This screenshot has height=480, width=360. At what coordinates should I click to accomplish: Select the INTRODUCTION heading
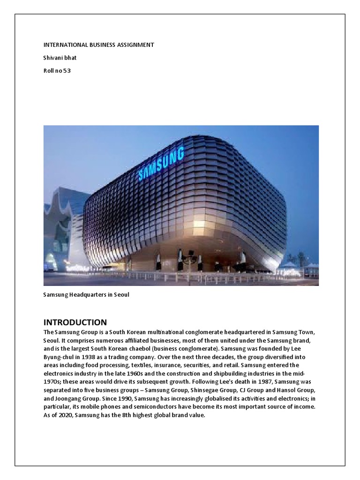75,322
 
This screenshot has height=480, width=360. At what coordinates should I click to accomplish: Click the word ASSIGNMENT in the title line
135,45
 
